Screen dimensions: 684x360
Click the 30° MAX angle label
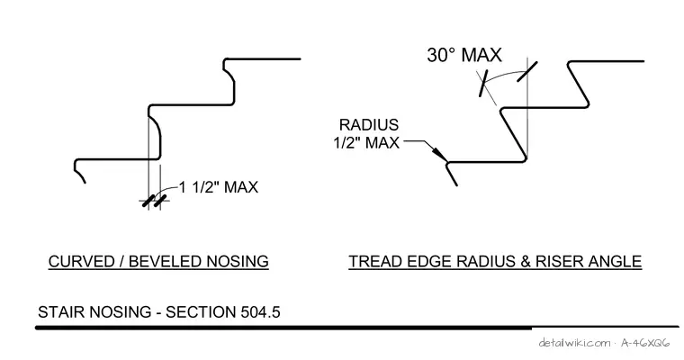tap(464, 56)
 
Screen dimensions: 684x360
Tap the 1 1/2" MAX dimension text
tap(219, 187)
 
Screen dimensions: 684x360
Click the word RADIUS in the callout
tap(369, 125)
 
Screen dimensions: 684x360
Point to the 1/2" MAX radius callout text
tap(366, 143)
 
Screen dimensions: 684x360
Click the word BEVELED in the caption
tap(166, 261)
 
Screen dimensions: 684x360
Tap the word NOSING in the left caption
tap(238, 261)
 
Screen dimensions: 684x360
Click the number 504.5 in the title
tap(260, 312)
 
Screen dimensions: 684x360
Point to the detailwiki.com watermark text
tap(574, 343)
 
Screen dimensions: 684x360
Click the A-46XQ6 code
tap(645, 343)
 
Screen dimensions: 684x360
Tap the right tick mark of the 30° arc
tap(527, 71)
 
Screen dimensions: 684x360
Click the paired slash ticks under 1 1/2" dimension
tap(155, 202)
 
